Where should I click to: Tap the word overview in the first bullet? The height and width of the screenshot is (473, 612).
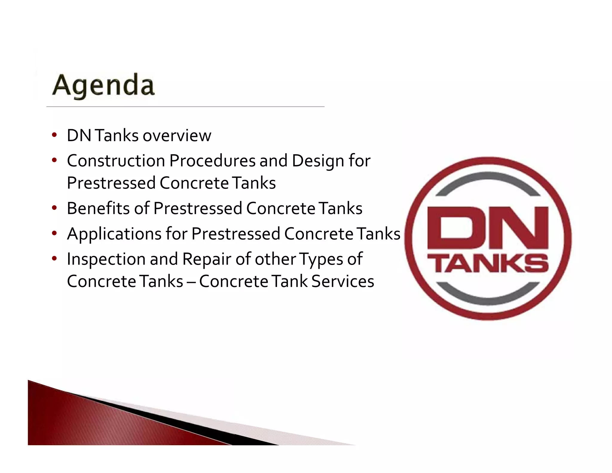coord(177,136)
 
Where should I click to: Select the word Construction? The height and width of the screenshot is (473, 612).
coord(116,161)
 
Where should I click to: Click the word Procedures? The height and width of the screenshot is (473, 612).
coord(212,161)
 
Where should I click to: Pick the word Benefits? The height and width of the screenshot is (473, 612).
coord(98,208)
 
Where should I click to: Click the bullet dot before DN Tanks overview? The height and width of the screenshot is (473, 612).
coord(54,135)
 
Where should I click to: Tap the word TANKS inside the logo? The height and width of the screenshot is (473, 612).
coord(488,263)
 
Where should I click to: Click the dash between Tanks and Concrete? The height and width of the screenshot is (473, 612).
coord(191,282)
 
